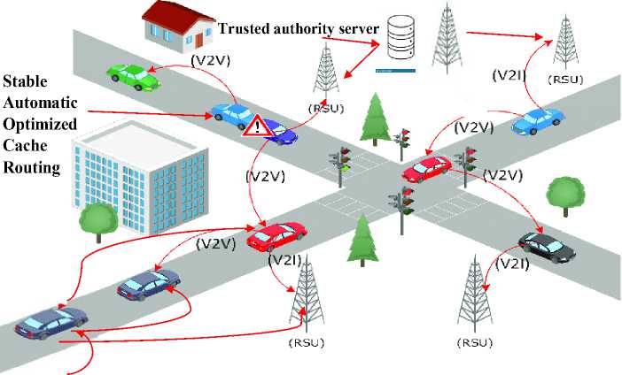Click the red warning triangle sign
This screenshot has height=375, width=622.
coord(258,126)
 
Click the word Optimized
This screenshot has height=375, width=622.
coord(39,123)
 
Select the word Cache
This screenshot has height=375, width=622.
coord(26,144)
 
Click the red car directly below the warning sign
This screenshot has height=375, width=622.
coord(276,235)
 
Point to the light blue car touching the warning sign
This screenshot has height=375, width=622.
coord(232,115)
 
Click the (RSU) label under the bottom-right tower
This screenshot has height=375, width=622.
coord(475,342)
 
